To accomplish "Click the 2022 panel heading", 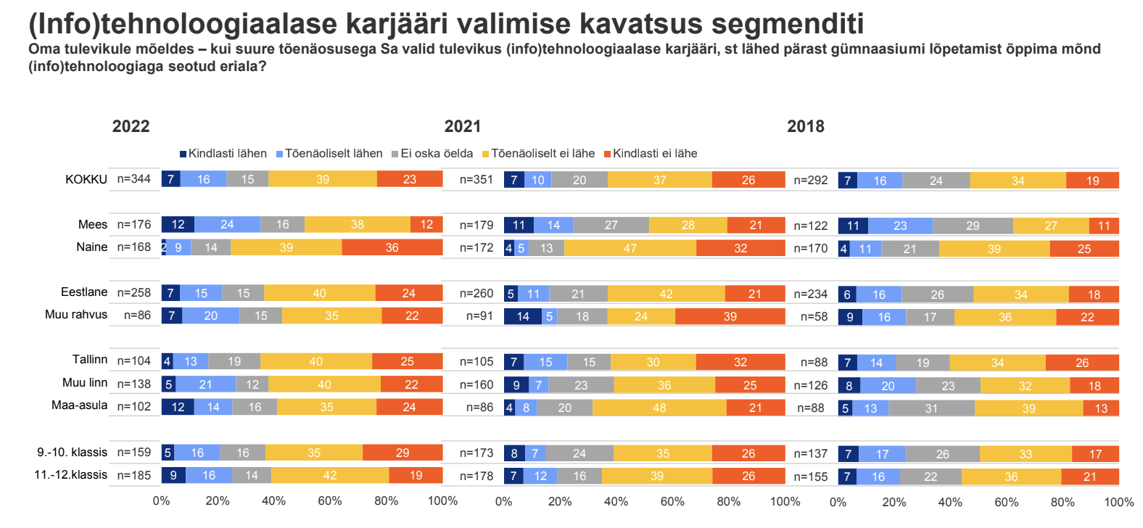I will (131, 126).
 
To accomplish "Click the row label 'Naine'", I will (91, 247).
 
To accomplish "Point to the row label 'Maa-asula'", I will (79, 405).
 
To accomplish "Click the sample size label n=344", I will (134, 179).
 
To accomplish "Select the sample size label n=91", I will (479, 316).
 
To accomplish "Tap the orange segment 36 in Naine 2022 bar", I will (392, 248).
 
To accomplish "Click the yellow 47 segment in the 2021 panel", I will (630, 249).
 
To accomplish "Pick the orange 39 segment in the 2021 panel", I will (730, 316).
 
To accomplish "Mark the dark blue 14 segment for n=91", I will (523, 316).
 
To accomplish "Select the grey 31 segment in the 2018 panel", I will (931, 408).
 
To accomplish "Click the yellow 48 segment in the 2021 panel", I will (659, 408).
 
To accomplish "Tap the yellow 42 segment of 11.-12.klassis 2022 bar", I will (330, 476).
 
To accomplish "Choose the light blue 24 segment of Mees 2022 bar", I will (227, 225).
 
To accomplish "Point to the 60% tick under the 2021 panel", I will (672, 501).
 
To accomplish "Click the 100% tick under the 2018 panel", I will (1118, 502).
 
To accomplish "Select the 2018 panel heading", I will (806, 126).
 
